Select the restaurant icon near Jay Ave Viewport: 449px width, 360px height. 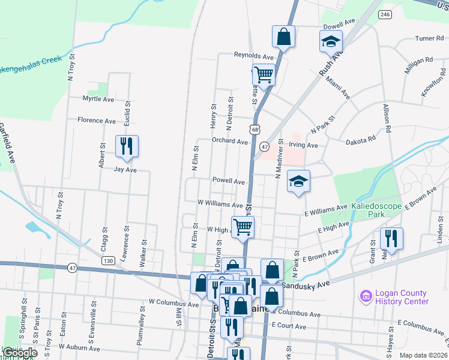(x=127, y=146)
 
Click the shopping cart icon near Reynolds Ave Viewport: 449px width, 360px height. (x=264, y=75)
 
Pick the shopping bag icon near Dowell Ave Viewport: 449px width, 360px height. (x=284, y=37)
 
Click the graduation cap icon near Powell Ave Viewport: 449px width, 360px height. (x=298, y=181)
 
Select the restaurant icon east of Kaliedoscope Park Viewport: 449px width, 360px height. (x=391, y=239)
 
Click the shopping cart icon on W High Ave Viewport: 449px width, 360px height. (x=243, y=227)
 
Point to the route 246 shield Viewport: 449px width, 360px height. (x=385, y=14)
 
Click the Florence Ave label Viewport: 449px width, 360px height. (x=97, y=121)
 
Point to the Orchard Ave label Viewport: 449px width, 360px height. (x=229, y=142)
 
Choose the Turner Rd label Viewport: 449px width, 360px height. (x=429, y=38)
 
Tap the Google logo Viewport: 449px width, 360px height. (x=20, y=352)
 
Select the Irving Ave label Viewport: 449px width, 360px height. (x=303, y=145)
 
